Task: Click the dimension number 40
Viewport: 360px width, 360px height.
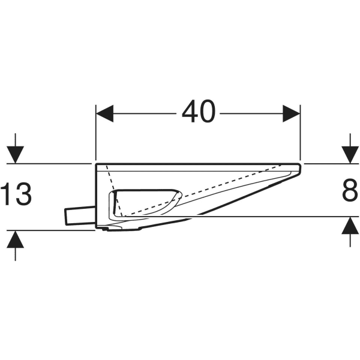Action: tap(198, 112)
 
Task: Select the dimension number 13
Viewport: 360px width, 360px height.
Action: tap(16, 194)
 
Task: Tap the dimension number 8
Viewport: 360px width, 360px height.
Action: tap(349, 191)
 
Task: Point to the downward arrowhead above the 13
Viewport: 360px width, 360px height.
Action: tap(16, 155)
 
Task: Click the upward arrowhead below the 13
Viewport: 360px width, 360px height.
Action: tap(16, 238)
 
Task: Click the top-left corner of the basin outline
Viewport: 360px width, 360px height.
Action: tap(97, 163)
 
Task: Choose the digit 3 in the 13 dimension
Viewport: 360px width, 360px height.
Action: tap(23, 194)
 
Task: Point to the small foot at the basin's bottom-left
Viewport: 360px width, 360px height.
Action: tap(105, 228)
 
